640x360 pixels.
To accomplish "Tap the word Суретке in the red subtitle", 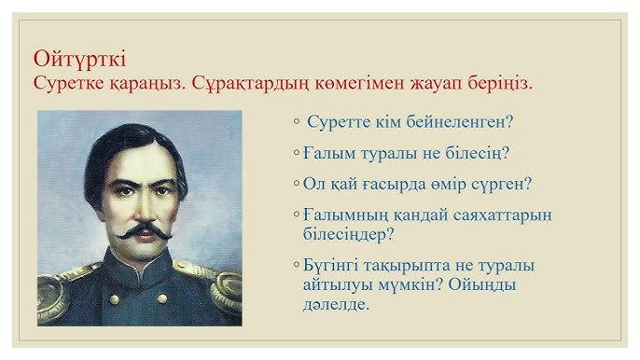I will (66, 84).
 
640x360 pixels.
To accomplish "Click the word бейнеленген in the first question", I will (468, 122).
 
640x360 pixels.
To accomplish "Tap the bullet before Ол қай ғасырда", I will (296, 184).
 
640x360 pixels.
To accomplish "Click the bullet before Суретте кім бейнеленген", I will (296, 122).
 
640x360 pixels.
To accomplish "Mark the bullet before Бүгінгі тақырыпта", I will (296, 265).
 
